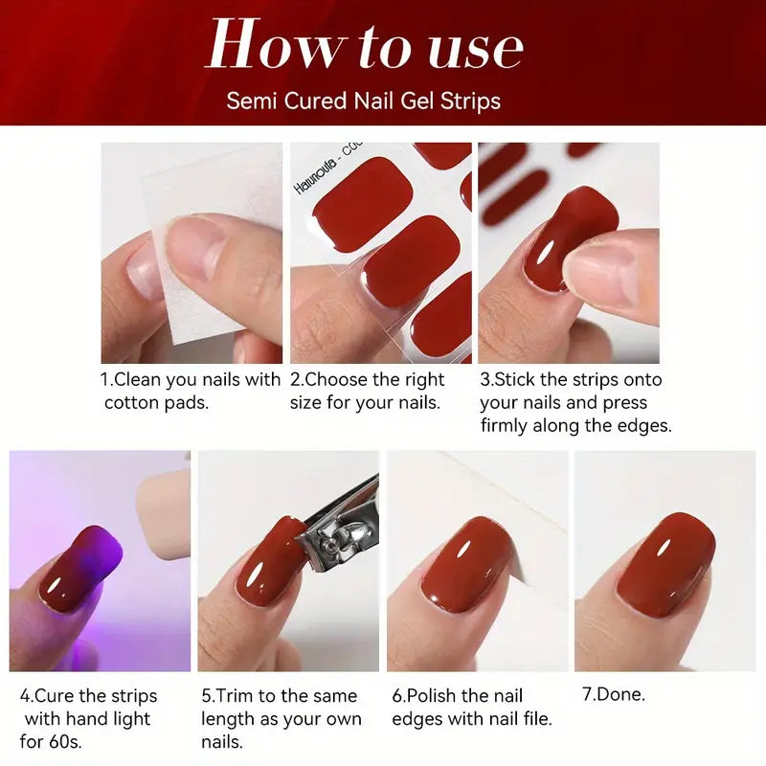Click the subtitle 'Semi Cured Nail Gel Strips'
tap(364, 101)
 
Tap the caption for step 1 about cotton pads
tap(191, 391)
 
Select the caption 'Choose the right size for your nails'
tap(368, 391)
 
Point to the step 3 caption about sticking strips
tap(575, 402)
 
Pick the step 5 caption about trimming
tap(280, 718)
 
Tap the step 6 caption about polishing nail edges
tap(472, 707)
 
